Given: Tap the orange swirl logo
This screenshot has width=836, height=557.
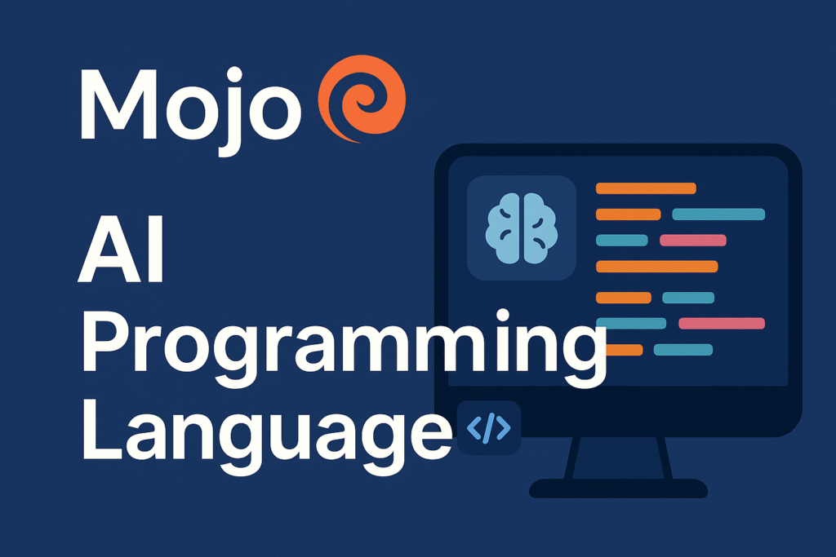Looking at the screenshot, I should [360, 102].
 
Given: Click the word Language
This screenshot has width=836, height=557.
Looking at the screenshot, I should [265, 432].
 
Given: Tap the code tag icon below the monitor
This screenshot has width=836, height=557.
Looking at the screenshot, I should [487, 427].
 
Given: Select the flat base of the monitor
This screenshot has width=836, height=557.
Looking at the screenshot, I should [618, 488].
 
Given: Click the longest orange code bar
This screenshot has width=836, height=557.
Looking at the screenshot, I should [656, 267].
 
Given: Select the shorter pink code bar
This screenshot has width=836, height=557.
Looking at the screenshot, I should [692, 241].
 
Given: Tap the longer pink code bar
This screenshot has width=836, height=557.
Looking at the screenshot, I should [721, 323].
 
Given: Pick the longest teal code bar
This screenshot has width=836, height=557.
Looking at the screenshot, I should [718, 214].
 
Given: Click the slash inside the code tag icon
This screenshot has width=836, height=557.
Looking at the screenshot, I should [487, 427].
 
